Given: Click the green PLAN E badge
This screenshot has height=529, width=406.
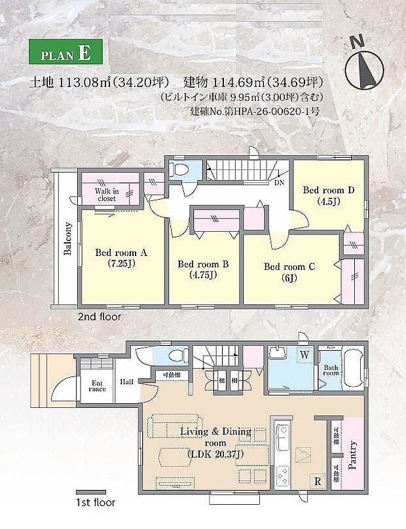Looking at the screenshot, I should pos(65,54).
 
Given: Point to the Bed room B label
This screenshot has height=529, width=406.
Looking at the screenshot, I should pos(202,269).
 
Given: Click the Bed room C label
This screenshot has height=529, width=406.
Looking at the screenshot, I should pos(289,272).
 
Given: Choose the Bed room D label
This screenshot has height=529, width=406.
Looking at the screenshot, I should pos(328,195).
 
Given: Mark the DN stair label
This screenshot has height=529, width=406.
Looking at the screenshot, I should pos(280,183).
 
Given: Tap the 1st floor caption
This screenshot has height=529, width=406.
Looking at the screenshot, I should pos(96,503).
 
